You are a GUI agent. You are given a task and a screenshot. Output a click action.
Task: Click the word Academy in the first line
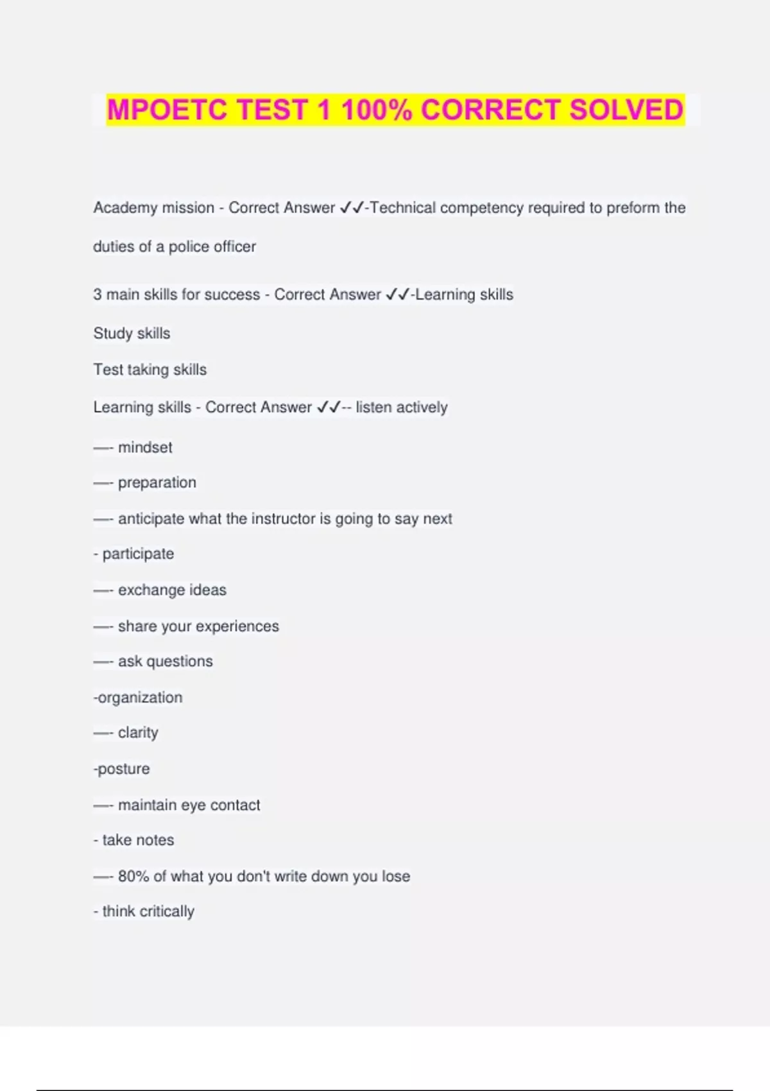[121, 208]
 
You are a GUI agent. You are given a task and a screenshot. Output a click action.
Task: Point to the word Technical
[403, 208]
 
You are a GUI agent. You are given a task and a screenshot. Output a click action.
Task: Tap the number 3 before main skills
[98, 295]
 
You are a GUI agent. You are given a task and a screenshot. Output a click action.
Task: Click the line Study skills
[132, 333]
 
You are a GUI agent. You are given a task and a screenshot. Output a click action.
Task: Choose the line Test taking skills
[150, 370]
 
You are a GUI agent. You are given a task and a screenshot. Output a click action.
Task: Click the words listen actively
[402, 408]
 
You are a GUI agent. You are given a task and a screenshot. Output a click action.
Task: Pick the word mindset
[145, 447]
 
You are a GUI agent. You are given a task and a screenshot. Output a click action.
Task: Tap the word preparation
[157, 483]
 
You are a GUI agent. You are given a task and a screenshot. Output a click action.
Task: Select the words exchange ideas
[172, 590]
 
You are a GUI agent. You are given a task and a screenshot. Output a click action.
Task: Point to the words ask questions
[165, 661]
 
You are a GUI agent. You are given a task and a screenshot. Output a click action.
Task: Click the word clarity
[138, 733]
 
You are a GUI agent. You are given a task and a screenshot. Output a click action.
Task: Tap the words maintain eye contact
[189, 805]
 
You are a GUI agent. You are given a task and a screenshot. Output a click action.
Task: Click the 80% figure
[133, 876]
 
